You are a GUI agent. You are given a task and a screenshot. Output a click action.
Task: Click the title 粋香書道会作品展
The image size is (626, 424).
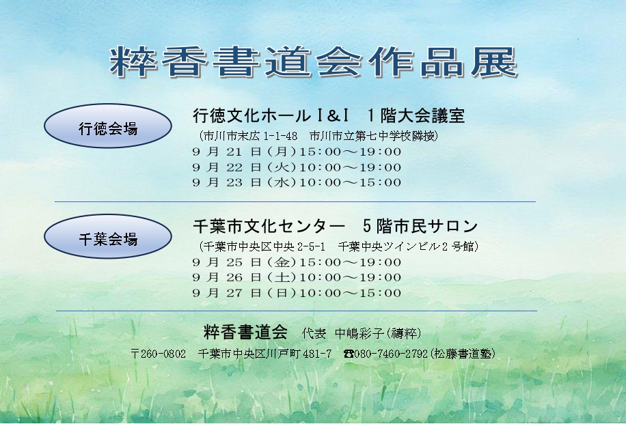coord(314,62)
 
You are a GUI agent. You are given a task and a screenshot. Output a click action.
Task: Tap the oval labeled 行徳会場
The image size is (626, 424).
coord(108,126)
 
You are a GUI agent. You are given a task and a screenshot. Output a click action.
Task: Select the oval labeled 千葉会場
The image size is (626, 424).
coord(108,236)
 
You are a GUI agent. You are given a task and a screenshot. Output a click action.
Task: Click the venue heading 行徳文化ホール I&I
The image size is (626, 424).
coord(271,115)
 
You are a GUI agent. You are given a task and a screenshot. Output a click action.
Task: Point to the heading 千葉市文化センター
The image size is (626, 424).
coord(269,226)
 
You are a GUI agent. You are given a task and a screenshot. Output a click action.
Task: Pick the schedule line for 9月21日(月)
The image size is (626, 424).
coord(297,152)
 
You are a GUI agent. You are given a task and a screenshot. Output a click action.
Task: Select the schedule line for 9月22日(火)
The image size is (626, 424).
coord(297,167)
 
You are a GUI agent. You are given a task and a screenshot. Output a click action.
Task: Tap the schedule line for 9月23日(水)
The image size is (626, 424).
coord(297,182)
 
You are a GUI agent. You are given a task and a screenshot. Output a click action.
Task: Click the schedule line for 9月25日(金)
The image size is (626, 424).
coord(297,262)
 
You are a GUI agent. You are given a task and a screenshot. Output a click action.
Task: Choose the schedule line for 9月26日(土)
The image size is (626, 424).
coord(297,277)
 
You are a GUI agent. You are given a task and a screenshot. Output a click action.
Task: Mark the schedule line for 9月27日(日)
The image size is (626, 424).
coord(297,293)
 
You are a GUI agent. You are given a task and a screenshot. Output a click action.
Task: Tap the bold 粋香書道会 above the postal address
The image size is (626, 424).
coord(245,332)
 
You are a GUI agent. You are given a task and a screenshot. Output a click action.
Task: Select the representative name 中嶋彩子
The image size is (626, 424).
coord(359,333)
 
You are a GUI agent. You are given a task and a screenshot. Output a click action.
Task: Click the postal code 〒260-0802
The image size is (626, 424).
coord(159,354)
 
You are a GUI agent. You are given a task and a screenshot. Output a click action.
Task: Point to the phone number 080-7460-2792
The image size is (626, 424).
coord(391,354)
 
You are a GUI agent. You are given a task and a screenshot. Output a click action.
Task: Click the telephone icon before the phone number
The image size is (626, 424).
coord(349,354)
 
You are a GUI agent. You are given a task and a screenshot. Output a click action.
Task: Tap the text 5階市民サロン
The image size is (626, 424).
coord(420,226)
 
